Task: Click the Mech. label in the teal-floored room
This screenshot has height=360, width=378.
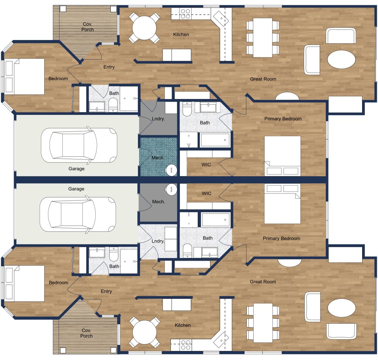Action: [x=157, y=158]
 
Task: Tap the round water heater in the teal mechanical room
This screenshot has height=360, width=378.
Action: [x=172, y=170]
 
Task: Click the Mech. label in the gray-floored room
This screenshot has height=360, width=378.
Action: [x=158, y=202]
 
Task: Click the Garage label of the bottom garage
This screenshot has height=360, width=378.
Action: [x=76, y=188]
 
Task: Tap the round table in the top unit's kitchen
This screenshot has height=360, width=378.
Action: [x=144, y=28]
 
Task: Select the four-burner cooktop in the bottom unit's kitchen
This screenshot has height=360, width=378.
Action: [x=185, y=345]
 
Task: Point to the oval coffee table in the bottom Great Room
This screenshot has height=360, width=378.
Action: [x=341, y=307]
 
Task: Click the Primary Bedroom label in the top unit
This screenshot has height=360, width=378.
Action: [x=283, y=119]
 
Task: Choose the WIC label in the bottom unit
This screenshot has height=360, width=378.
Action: [x=206, y=193]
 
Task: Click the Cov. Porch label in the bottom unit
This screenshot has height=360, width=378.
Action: [x=87, y=333]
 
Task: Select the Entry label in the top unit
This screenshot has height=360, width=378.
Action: [x=109, y=67]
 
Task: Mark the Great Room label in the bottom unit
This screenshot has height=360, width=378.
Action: [x=263, y=282]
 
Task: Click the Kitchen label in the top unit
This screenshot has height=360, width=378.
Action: [x=181, y=35]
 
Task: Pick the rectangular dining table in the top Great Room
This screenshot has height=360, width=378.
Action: [x=263, y=37]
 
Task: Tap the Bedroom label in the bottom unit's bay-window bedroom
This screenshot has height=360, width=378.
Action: [x=59, y=283]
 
